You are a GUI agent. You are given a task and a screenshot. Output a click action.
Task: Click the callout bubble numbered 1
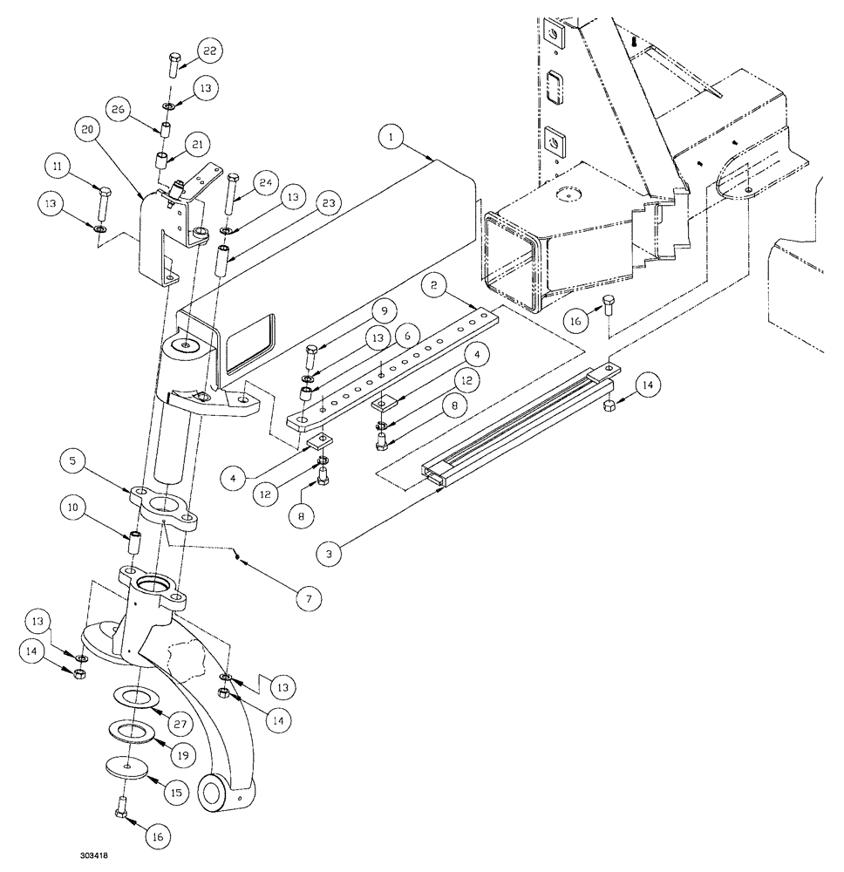(x=392, y=138)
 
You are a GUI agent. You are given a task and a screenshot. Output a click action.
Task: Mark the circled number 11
(x=58, y=166)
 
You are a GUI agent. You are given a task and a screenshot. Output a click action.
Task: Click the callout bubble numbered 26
(x=121, y=110)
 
